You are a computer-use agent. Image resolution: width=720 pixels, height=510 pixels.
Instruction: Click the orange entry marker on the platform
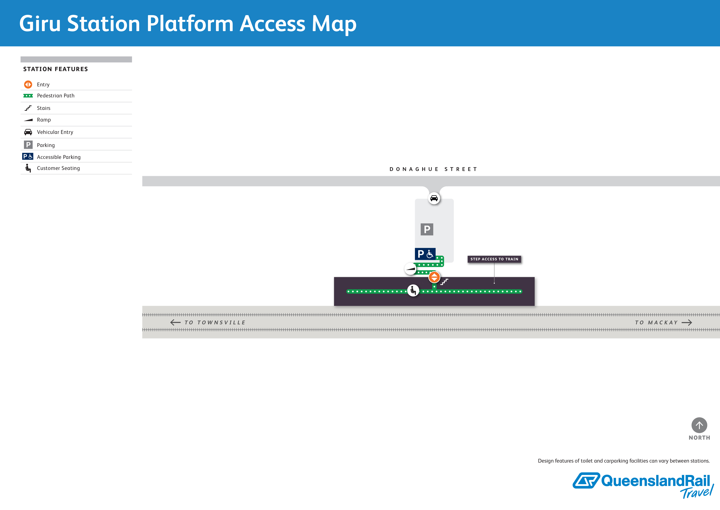point(434,277)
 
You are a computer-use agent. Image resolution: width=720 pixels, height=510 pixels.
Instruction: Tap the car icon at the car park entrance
point(434,198)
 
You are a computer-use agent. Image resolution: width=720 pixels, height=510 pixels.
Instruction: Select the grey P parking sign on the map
point(427,229)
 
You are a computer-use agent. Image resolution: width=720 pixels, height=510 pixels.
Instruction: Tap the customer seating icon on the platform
point(413,290)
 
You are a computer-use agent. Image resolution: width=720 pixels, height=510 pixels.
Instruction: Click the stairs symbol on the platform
point(444,282)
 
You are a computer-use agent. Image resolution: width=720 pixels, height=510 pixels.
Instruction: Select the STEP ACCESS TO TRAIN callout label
point(494,259)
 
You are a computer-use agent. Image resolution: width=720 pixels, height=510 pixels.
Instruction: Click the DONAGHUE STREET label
point(433,169)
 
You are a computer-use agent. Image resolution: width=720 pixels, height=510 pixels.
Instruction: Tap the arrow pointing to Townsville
point(175,322)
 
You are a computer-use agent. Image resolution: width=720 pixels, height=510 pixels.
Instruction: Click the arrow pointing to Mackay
point(687,322)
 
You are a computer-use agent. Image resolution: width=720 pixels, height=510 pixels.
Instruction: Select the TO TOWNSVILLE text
point(215,322)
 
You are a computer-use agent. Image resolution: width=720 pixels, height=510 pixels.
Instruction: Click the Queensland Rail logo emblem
point(586,480)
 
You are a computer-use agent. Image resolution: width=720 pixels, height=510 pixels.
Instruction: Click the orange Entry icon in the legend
point(28,84)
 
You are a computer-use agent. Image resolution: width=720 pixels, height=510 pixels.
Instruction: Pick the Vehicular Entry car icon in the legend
point(28,132)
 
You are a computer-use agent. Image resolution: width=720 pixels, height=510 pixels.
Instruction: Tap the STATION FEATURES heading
point(55,69)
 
